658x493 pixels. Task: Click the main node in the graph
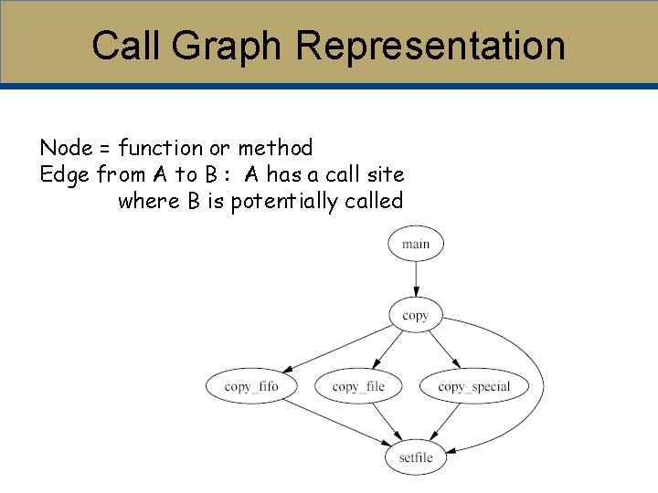415,244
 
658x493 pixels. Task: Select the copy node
415,316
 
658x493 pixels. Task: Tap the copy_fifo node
250,386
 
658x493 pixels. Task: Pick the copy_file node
358,386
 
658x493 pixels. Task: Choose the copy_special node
473,386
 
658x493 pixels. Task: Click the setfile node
416,457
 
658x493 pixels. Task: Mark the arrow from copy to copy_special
443,351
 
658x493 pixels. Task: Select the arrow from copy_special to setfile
445,422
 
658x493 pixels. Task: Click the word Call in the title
127,46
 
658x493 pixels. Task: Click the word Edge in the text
63,174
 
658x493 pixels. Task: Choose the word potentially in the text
284,201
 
